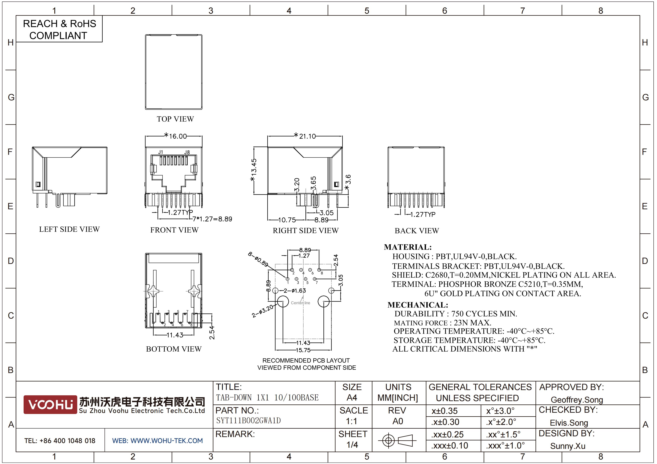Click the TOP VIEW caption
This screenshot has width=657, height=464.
coord(175,119)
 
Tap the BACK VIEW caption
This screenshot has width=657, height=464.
coord(417,231)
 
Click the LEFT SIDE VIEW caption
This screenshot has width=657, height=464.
coord(69,229)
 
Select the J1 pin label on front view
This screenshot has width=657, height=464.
coord(161,152)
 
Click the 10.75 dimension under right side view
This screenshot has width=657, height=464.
coord(287,220)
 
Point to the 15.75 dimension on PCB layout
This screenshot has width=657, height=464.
coord(303,350)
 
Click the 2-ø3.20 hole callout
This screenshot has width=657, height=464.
coord(262,311)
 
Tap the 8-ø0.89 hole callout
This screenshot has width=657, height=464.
coord(258,259)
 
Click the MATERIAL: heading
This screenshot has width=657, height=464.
coord(408,247)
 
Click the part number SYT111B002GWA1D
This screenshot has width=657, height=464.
coord(248,421)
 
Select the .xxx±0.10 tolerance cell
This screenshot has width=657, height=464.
coord(449,445)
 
